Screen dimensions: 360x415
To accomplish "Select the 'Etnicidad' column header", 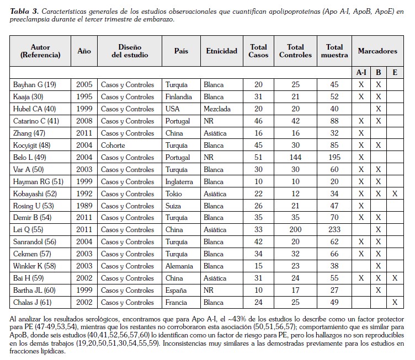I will point(221,51).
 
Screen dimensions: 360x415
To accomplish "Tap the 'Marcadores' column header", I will point(377,51).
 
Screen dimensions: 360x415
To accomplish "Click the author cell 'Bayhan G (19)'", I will point(34,84).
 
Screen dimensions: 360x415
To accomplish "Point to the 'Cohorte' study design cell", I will point(113,145).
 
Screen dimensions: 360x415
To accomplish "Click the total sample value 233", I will point(334,230).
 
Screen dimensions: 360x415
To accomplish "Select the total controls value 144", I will point(295,157).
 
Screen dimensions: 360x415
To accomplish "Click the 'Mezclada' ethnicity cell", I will point(217,109).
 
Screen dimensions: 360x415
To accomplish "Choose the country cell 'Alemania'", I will point(179,266).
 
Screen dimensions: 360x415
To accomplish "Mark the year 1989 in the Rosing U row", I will point(84,206).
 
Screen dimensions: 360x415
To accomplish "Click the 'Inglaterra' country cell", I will point(180,181).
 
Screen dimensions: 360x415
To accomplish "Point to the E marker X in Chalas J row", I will point(394,303).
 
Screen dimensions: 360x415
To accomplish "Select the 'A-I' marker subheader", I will point(361,72).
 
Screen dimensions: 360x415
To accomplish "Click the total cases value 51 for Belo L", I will point(258,157).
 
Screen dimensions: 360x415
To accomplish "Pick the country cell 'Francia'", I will point(177,303).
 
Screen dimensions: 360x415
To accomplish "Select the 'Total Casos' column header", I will point(258,51).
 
